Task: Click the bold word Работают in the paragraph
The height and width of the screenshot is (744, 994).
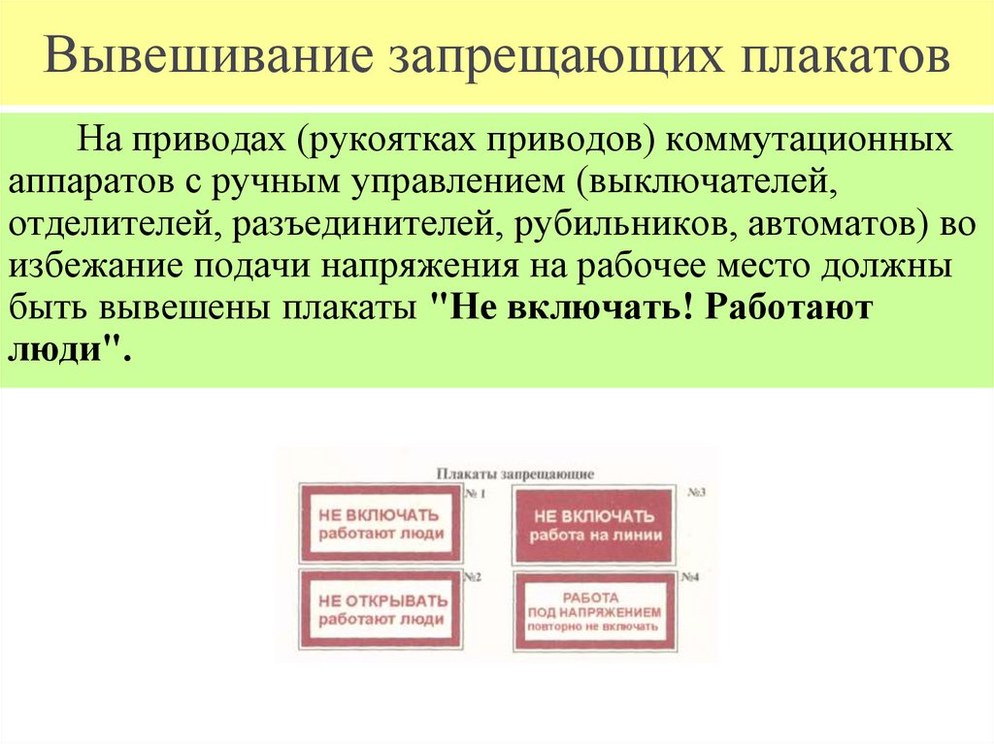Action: (791, 308)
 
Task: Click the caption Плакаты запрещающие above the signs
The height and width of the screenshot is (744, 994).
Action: (514, 474)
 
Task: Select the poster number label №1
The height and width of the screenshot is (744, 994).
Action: (475, 494)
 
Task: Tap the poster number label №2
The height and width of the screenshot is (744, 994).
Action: (474, 577)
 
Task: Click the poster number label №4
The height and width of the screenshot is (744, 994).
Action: (690, 577)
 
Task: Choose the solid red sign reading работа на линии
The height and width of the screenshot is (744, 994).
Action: (594, 525)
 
